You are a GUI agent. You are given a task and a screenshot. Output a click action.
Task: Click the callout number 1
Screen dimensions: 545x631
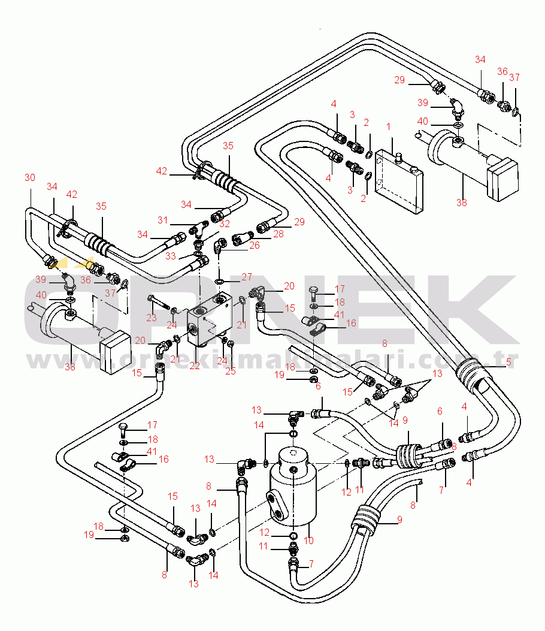click(388, 127)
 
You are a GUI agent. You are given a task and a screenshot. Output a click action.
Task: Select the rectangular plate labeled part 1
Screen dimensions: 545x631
click(399, 182)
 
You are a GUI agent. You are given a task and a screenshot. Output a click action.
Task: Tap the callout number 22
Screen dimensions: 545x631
click(195, 366)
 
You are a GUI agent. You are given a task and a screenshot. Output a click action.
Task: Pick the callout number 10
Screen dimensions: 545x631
click(308, 541)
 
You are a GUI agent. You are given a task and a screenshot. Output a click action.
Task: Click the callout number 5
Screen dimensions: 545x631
click(508, 362)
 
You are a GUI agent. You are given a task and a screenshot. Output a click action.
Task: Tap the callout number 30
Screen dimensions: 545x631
click(30, 177)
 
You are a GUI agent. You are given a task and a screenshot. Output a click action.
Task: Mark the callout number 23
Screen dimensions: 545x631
click(152, 318)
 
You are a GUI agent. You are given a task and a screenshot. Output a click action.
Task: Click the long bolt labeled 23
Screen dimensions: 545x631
click(160, 303)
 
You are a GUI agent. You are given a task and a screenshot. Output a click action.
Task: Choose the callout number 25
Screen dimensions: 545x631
click(231, 371)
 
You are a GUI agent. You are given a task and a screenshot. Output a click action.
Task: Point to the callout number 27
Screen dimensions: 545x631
click(247, 277)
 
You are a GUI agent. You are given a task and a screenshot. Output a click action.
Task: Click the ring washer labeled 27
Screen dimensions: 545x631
click(220, 281)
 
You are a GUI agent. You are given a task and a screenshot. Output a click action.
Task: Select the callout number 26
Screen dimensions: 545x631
click(255, 245)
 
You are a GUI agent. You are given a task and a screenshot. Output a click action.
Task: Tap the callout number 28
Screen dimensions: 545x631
click(278, 234)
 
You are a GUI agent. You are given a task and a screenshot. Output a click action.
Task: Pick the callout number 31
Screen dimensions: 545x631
click(162, 220)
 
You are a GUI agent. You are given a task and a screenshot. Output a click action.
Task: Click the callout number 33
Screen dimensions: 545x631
click(171, 256)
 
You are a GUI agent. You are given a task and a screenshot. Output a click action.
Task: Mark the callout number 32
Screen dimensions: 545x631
click(225, 224)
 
